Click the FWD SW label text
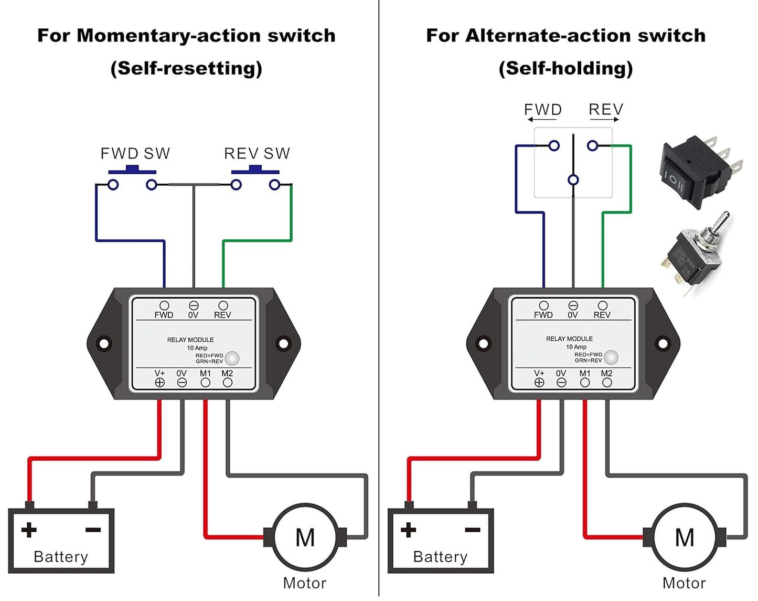coord(135,153)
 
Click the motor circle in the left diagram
coord(305,537)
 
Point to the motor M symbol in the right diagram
coord(685,537)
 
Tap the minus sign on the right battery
coord(473,530)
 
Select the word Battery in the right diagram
coord(440,556)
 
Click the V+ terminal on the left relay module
coord(160,383)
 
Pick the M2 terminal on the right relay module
coord(607,383)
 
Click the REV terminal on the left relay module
coord(223,305)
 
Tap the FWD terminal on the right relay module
coord(543,305)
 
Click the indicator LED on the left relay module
coord(232,359)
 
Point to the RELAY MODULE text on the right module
coord(569,339)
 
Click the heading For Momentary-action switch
coord(186,35)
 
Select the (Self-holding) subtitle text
coord(565,68)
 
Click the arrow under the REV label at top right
coord(604,120)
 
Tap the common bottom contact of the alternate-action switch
coord(573,180)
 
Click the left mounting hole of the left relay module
coord(104,344)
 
